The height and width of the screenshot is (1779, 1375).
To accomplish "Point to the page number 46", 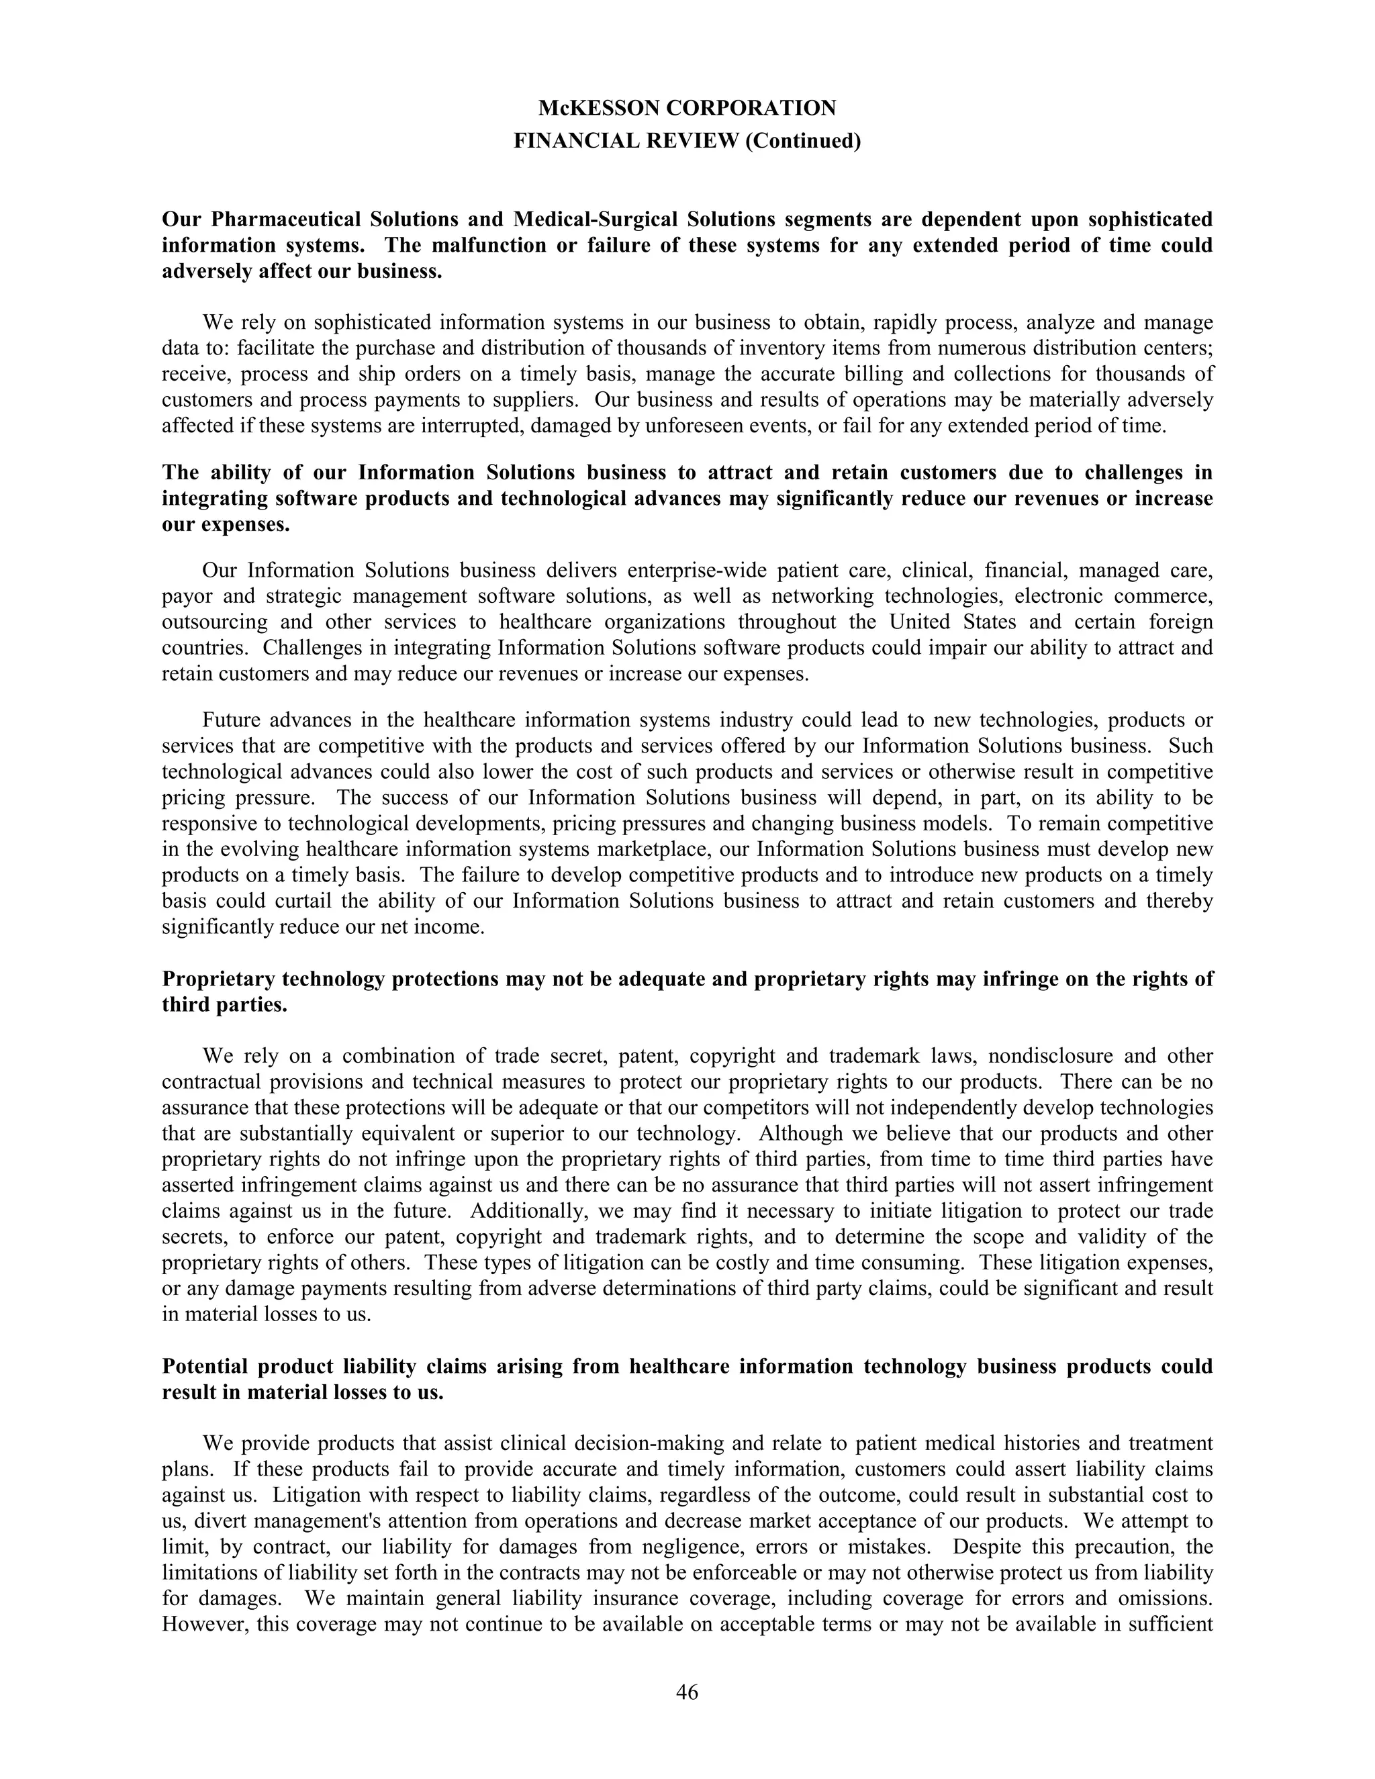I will tap(687, 1692).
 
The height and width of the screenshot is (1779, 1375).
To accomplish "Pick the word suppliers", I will tap(542, 400).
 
